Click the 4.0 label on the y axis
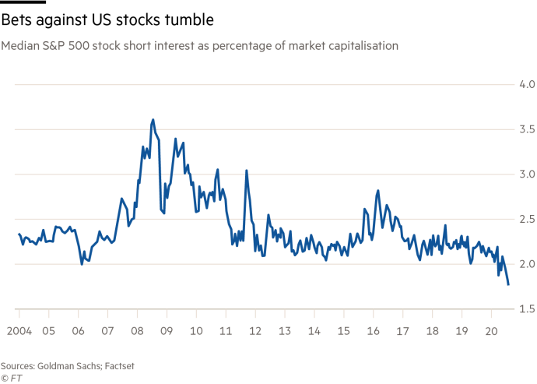coord(526,83)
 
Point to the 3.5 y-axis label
coord(526,129)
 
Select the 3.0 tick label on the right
coord(526,174)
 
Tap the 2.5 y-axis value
coord(526,219)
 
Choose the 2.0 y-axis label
coord(526,264)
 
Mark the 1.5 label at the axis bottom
coord(526,309)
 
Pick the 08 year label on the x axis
coord(136,330)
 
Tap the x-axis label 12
coord(254,330)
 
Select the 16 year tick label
coord(373,330)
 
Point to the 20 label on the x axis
coord(491,330)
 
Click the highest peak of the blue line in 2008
coord(153,120)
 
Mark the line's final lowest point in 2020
coord(509,285)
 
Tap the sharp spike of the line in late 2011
coord(246,171)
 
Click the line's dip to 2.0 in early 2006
coord(82,263)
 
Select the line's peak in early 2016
coord(377,190)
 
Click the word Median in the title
coord(18,47)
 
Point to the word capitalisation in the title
coord(364,47)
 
